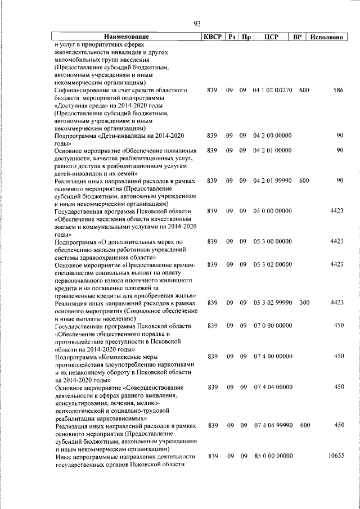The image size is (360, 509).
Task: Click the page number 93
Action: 197,24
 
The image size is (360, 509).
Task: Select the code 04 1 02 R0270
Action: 273,91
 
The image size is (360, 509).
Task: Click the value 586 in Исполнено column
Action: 337,91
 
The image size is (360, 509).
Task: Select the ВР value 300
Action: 304,303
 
